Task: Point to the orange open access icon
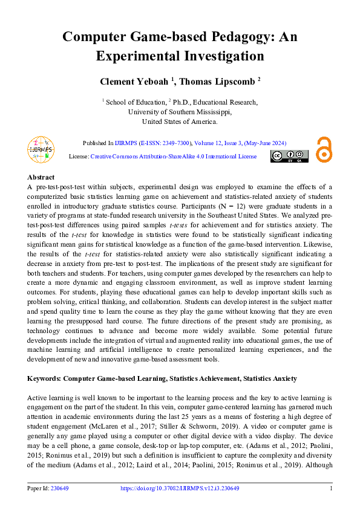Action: click(324, 149)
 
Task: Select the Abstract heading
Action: click(41, 177)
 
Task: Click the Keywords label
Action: click(44, 378)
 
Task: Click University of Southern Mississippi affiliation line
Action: click(180, 112)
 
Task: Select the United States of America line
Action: click(180, 122)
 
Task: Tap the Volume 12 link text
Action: click(211, 143)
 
